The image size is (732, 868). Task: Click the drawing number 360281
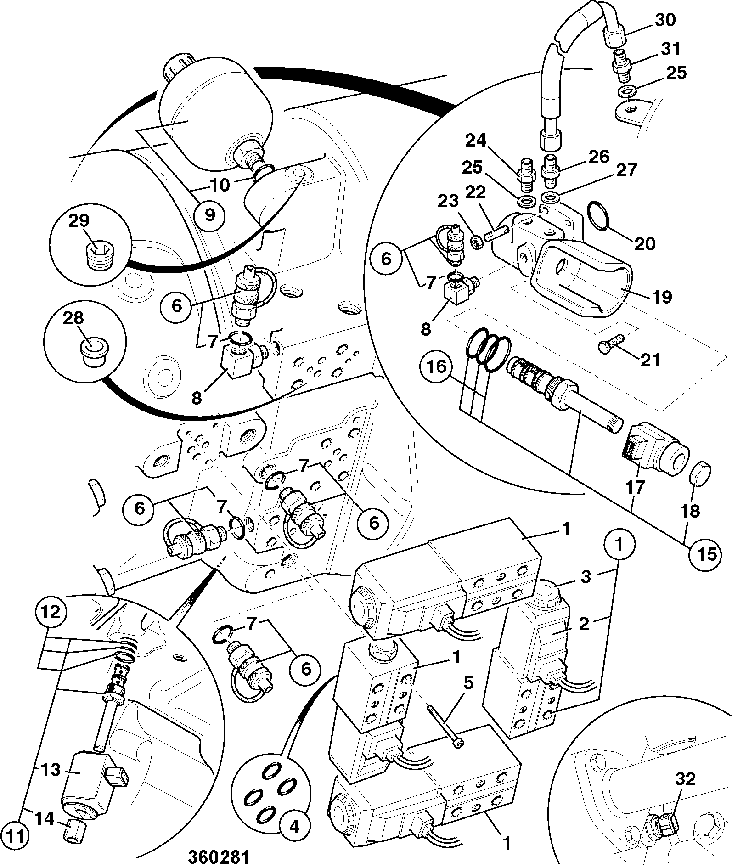pos(219,858)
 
